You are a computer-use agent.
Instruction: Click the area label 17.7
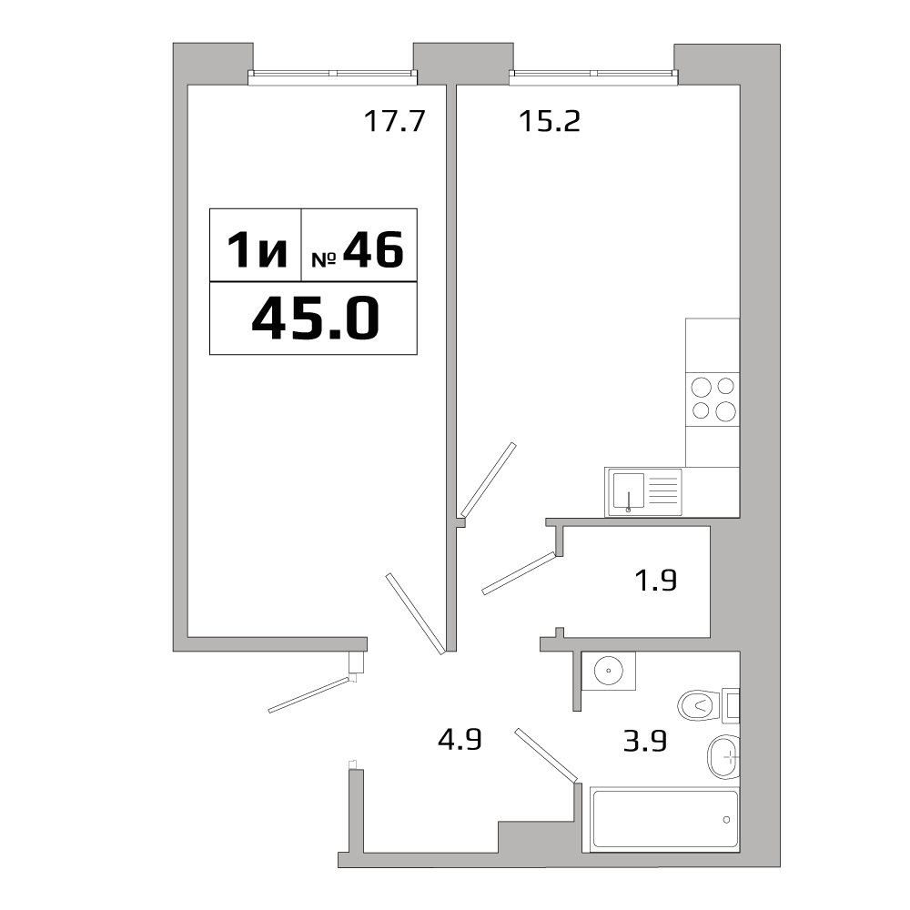(x=395, y=121)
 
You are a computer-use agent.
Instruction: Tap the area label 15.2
(x=549, y=121)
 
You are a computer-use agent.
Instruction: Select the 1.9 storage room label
(x=656, y=580)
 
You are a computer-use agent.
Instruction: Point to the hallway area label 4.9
(x=460, y=740)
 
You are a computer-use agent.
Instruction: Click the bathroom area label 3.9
(x=645, y=741)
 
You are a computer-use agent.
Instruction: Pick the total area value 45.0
(x=316, y=318)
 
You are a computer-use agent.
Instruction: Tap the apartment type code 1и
(x=257, y=249)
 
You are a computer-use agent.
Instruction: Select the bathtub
(x=664, y=819)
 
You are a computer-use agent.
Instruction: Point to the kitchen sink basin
(x=629, y=491)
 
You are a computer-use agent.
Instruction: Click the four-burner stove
(x=713, y=399)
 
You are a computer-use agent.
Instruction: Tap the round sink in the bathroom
(x=609, y=671)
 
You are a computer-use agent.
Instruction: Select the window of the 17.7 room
(x=332, y=74)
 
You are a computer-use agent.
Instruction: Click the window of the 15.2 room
(x=593, y=74)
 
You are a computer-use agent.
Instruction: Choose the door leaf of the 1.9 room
(x=519, y=572)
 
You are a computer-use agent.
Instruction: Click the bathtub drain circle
(x=726, y=820)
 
